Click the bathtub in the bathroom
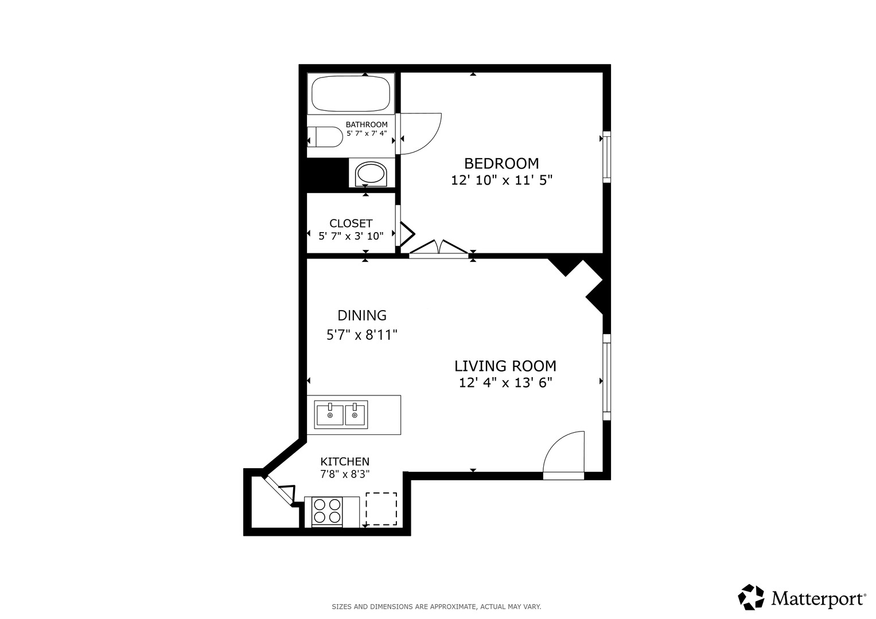351,94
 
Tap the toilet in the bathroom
324,137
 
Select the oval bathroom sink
371,174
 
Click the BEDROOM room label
501,163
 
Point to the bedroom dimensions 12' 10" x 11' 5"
501,180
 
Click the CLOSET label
351,223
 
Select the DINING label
361,315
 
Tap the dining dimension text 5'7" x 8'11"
361,335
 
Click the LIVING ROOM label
505,366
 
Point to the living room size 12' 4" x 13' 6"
505,382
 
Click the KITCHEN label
344,461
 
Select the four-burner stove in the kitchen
327,511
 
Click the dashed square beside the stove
381,509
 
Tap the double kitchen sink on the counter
341,414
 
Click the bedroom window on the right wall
606,157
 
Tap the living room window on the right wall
606,377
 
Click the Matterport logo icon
750,597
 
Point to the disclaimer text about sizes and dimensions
436,606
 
